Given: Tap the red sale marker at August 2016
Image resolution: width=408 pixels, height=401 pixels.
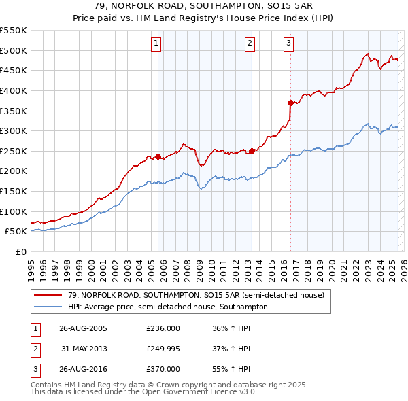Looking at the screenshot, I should [x=290, y=103].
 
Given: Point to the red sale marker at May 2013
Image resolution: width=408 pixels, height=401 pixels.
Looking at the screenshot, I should [x=252, y=151].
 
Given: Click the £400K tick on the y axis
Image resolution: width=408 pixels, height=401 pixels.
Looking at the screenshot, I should [x=14, y=90].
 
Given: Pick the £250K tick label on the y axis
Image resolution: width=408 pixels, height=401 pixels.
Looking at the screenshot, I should [x=14, y=151].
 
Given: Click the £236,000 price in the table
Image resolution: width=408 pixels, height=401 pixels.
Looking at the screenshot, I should [x=163, y=328].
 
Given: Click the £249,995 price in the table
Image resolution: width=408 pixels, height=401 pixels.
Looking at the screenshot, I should [x=163, y=349].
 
